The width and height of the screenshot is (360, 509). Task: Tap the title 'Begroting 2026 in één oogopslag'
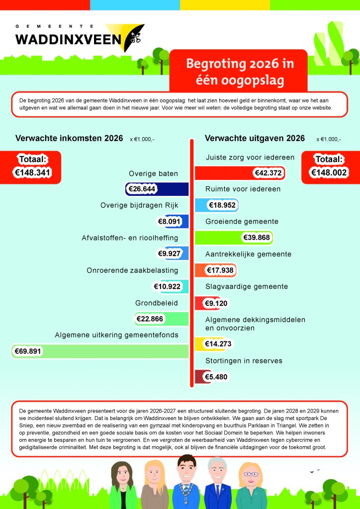(x=239, y=72)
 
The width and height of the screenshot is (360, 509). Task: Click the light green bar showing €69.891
(x=114, y=351)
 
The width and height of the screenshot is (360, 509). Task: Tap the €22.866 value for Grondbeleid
(x=149, y=319)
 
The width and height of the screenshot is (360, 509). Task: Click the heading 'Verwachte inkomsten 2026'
(x=69, y=138)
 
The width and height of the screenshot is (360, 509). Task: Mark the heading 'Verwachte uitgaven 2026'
(x=255, y=138)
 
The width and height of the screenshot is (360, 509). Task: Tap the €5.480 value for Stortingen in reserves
(x=216, y=377)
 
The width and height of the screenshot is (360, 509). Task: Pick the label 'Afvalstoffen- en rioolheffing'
(x=130, y=238)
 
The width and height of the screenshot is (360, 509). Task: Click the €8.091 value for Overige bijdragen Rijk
(x=170, y=221)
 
